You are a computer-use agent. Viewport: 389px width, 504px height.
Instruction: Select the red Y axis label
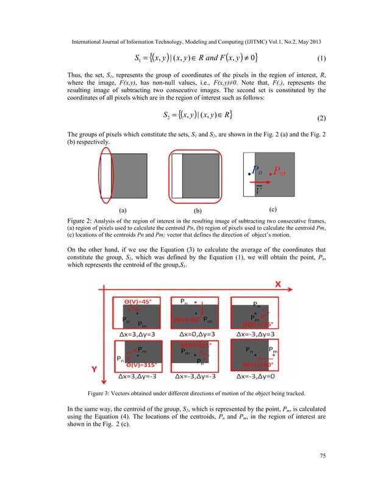[x=95, y=369]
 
